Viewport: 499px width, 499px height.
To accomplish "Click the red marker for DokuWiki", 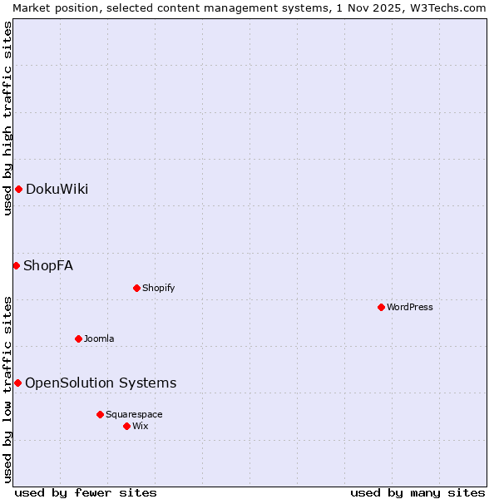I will pyautogui.click(x=18, y=189).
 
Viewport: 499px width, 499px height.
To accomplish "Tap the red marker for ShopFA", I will pyautogui.click(x=16, y=265).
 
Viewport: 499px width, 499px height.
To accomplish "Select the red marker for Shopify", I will pyautogui.click(x=136, y=288).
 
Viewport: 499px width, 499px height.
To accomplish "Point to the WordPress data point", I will pyautogui.click(x=381, y=307).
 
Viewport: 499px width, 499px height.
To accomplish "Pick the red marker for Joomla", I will pyautogui.click(x=78, y=338).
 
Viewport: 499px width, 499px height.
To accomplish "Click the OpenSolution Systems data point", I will pyautogui.click(x=17, y=383).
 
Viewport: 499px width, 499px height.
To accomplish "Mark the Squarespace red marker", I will pyautogui.click(x=100, y=414).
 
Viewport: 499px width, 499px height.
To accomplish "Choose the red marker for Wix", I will pyautogui.click(x=126, y=426).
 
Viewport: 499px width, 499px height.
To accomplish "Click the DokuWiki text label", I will pyautogui.click(x=57, y=189).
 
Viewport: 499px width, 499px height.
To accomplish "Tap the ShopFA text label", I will pyautogui.click(x=48, y=266).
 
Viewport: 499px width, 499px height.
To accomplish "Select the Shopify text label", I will pyautogui.click(x=158, y=288).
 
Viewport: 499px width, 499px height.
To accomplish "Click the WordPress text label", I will pyautogui.click(x=410, y=307).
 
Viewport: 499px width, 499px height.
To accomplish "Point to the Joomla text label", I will pyautogui.click(x=99, y=338).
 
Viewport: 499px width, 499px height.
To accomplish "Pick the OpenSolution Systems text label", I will pyautogui.click(x=101, y=383).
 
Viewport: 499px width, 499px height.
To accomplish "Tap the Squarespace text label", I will pyautogui.click(x=134, y=414).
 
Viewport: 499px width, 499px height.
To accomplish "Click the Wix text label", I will pyautogui.click(x=141, y=426).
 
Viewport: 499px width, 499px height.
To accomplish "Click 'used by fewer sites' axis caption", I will pyautogui.click(x=86, y=492).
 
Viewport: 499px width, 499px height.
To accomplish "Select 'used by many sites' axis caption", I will pyautogui.click(x=417, y=492).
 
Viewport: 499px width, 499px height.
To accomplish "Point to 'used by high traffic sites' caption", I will pyautogui.click(x=7, y=118).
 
